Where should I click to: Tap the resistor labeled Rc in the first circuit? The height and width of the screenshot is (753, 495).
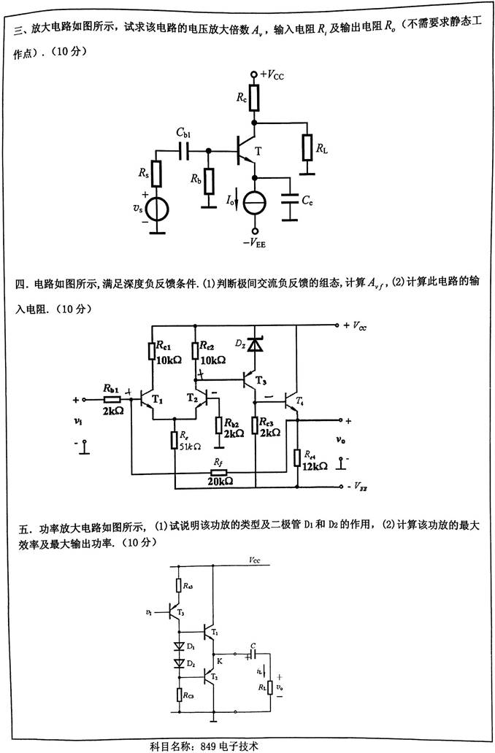click(x=254, y=99)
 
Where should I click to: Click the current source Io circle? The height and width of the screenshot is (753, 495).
click(x=254, y=202)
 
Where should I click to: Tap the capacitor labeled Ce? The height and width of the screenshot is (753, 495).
click(x=290, y=202)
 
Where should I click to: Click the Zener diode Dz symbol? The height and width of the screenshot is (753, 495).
click(x=253, y=343)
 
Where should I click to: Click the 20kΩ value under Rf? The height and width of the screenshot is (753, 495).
click(x=220, y=482)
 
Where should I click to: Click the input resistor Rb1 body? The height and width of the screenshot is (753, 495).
click(x=111, y=399)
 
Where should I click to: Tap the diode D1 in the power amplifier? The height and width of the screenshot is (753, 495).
click(x=179, y=646)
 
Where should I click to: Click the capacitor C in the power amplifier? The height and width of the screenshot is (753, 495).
click(x=252, y=654)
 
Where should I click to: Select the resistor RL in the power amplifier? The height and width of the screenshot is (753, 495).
click(x=270, y=687)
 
